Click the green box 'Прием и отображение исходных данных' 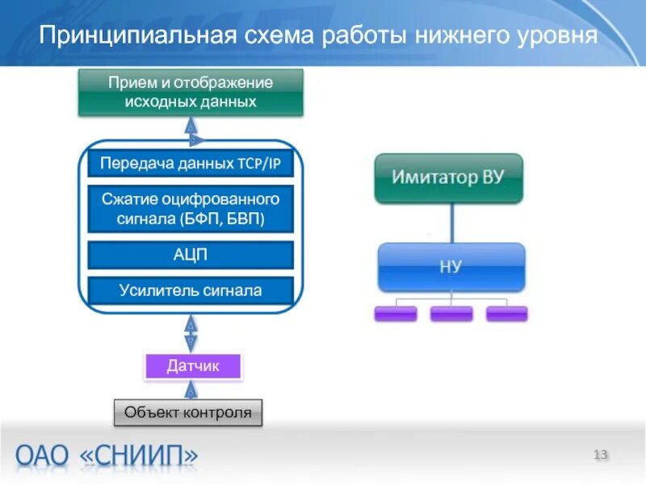click(191, 92)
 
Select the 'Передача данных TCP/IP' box click(191, 164)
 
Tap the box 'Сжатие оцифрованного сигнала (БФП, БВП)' click(191, 209)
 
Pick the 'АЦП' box click(191, 255)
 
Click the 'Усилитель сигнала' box click(191, 290)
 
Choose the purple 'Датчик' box click(193, 367)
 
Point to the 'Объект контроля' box click(187, 413)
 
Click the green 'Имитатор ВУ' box click(449, 177)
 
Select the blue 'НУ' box click(451, 267)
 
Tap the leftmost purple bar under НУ click(396, 314)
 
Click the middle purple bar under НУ click(451, 314)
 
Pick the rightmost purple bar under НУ click(506, 314)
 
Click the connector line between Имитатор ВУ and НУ click(451, 222)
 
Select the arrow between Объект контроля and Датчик click(191, 390)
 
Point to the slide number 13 click(600, 455)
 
